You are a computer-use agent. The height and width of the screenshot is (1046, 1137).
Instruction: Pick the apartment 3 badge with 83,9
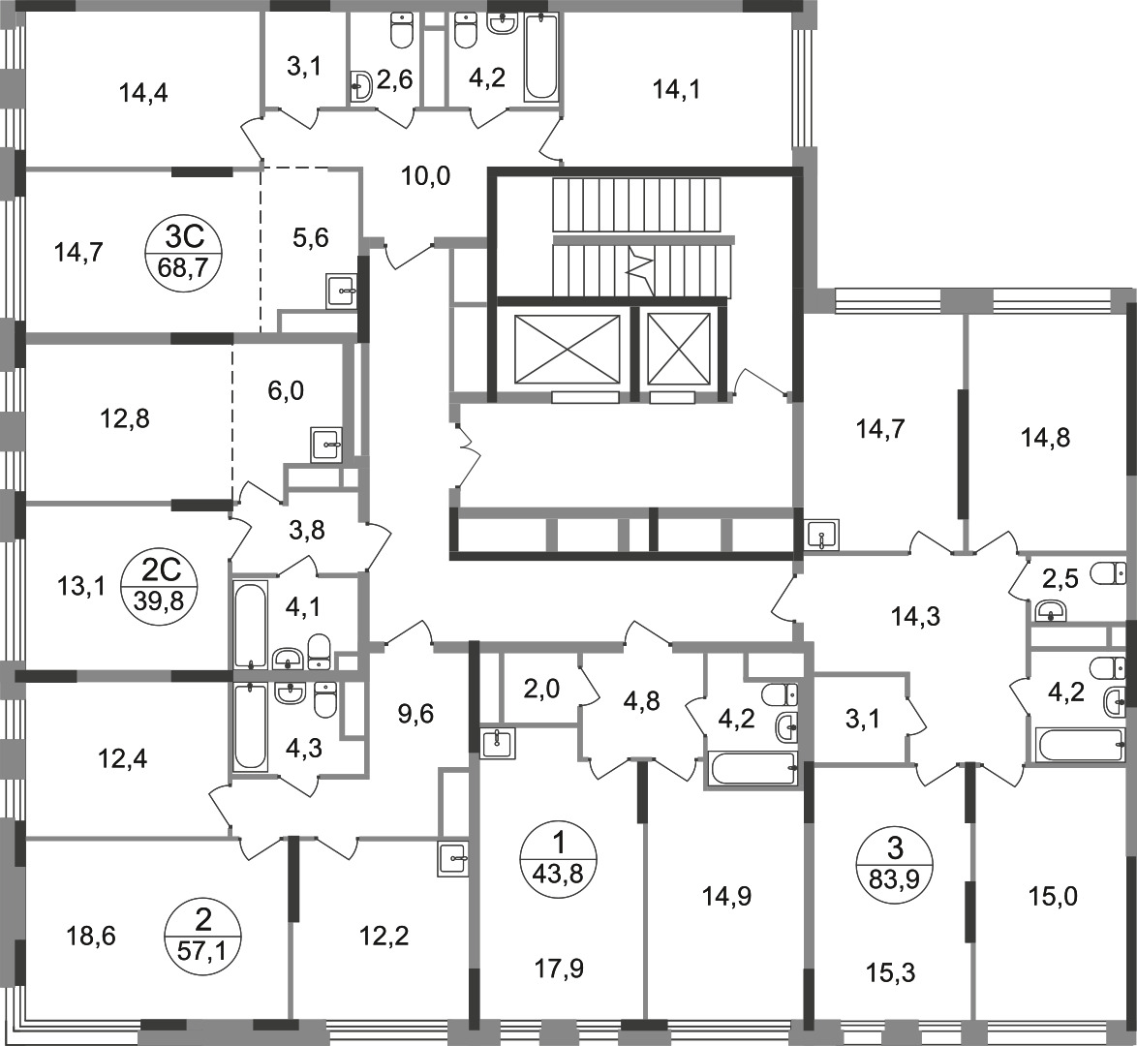(895, 864)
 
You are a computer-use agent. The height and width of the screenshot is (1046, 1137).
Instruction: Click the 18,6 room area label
(91, 937)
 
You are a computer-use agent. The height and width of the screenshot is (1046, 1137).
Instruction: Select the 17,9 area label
(560, 968)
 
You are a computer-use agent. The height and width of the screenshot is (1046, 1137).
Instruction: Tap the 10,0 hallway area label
(426, 175)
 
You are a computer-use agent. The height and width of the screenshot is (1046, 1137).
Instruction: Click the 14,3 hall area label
(915, 617)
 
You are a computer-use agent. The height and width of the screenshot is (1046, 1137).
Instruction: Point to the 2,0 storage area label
(541, 689)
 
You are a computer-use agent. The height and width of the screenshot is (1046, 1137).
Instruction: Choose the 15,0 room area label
(1053, 897)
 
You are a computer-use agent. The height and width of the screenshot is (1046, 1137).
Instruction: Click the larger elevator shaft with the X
(568, 349)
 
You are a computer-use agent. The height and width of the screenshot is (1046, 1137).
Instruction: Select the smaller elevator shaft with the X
(679, 349)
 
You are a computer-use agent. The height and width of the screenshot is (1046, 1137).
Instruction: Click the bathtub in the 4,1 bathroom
(251, 623)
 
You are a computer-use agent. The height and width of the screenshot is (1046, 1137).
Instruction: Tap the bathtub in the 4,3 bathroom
(251, 725)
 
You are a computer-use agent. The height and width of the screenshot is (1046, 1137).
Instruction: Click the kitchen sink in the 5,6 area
(342, 292)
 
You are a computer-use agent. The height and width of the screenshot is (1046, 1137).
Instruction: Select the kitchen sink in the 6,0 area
(326, 445)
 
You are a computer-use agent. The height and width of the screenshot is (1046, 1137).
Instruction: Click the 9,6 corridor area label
(416, 714)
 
